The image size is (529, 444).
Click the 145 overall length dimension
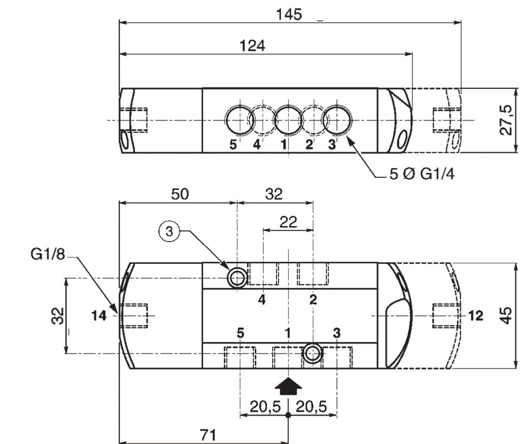[289, 14]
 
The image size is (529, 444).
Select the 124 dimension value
[253, 46]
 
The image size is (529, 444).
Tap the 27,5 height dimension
[506, 120]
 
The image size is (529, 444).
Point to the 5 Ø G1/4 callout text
[422, 174]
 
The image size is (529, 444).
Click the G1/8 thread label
[48, 254]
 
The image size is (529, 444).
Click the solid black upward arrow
[288, 386]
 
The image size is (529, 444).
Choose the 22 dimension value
[288, 222]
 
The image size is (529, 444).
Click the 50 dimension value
[180, 194]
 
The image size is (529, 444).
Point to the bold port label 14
[99, 316]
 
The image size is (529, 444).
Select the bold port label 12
[476, 316]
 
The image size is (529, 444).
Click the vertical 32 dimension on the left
[57, 316]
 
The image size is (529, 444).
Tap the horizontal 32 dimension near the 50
[274, 194]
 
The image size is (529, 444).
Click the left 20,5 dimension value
[265, 407]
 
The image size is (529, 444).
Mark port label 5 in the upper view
[233, 145]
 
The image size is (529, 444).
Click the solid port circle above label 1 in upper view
[288, 120]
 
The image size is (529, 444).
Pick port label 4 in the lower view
[262, 300]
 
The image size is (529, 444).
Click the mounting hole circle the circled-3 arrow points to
[237, 277]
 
